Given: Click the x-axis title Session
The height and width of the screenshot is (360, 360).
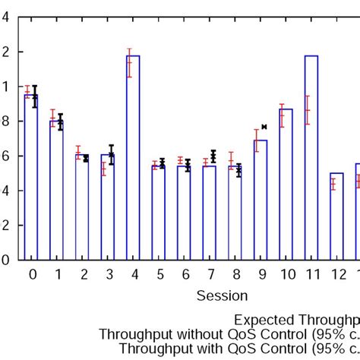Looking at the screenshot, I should point(222,295).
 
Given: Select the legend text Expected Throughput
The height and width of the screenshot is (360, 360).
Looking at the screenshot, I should point(296,320).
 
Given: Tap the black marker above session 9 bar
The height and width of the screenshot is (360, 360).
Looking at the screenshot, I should point(264,127).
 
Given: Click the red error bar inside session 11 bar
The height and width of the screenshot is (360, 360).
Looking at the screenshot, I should point(307,109).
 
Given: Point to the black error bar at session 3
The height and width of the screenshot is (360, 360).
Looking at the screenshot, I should point(112,154).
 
